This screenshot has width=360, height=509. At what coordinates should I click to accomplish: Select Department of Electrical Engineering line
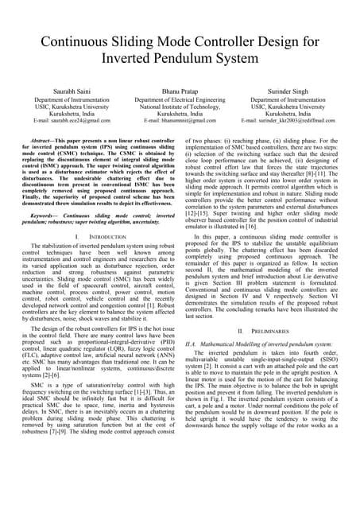[x=180, y=99]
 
